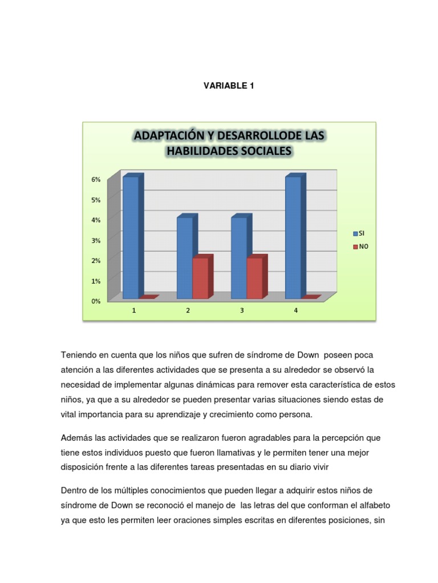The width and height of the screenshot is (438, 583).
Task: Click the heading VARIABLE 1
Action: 228,86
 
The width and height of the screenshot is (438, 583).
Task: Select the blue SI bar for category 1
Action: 131,237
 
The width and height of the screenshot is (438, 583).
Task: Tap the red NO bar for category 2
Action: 201,278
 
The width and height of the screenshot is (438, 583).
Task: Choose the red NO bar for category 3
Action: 255,278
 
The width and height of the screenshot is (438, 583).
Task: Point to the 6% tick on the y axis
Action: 96,179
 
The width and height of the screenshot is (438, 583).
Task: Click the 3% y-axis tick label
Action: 96,240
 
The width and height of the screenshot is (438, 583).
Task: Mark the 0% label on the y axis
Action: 96,301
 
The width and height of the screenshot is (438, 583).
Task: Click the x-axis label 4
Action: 295,310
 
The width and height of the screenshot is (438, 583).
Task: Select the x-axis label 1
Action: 133,310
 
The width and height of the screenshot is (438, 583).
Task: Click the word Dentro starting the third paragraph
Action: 74,491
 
